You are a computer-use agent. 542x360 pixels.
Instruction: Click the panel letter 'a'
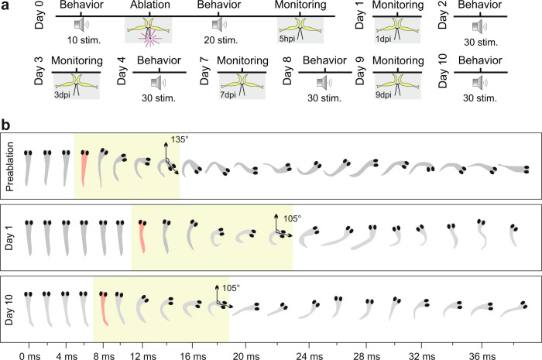point(6,7)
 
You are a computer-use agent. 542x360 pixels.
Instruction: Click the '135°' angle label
point(179,142)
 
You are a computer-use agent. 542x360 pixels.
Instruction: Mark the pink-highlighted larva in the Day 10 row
point(103,308)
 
